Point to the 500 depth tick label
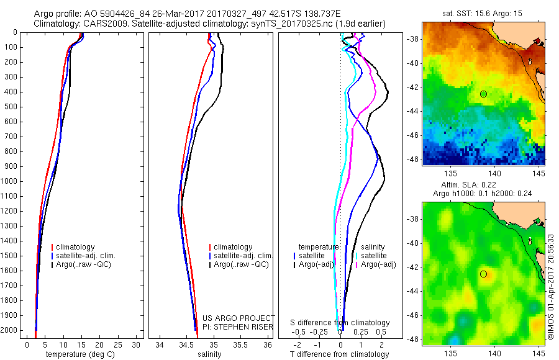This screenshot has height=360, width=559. [12, 107]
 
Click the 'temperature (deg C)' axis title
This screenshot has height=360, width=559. [81, 354]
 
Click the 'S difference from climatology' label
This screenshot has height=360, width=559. [340, 323]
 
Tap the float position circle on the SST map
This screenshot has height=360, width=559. [483, 94]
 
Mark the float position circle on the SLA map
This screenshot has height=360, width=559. [483, 274]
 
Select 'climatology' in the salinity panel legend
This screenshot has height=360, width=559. [233, 247]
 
